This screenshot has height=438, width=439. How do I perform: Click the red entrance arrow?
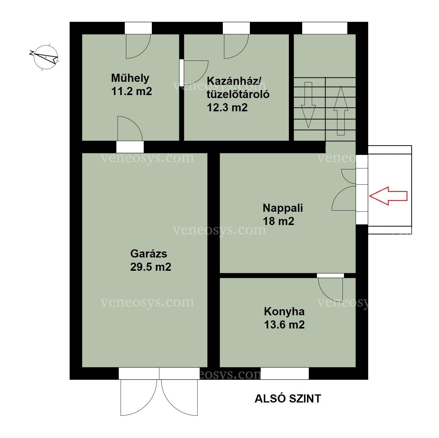pos(388,196)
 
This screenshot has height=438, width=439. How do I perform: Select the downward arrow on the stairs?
pos(308,105)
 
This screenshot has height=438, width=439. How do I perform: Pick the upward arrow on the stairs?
pos(341,111)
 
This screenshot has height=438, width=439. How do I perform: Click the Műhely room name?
pos(130,78)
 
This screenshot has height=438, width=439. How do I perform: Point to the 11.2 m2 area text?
pos(131,91)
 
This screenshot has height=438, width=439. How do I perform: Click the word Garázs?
pos(149,254)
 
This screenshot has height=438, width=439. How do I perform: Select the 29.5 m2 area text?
pos(151,267)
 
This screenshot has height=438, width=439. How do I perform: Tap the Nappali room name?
pos(283,208)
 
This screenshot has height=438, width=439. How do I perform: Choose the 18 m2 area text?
pos(278,221)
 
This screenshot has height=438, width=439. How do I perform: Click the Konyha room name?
pos(284,311)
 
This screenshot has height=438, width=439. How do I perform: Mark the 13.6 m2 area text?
pos(284,325)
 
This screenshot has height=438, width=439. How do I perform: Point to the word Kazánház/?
pos(234,81)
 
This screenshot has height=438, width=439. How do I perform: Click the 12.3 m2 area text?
pos(227,108)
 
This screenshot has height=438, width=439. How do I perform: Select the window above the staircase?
pos(325,28)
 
